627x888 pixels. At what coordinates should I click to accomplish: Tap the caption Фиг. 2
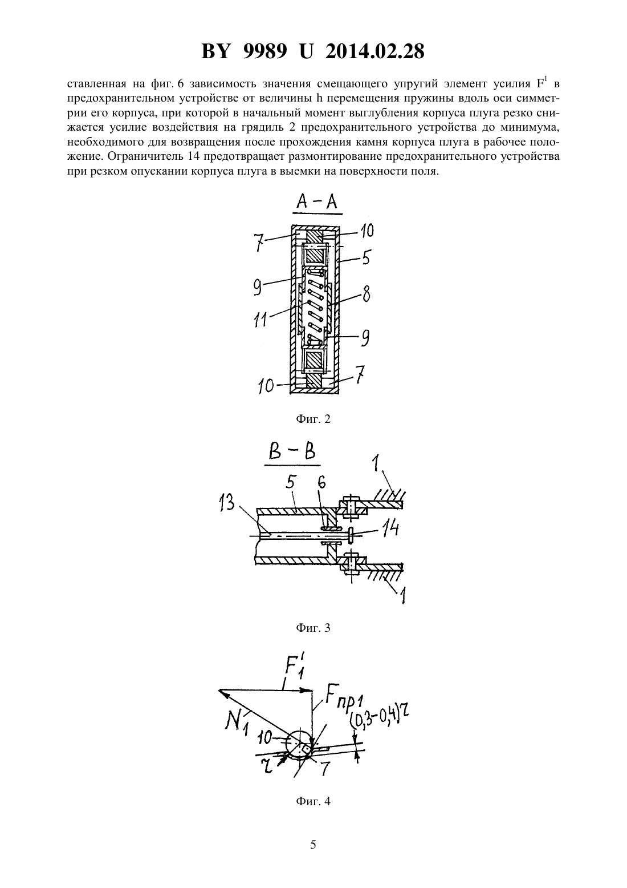click(x=313, y=419)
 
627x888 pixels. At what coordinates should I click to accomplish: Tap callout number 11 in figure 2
click(x=260, y=320)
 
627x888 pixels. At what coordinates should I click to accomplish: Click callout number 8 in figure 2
click(x=366, y=296)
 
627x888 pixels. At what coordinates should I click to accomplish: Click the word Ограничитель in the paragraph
click(x=144, y=156)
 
